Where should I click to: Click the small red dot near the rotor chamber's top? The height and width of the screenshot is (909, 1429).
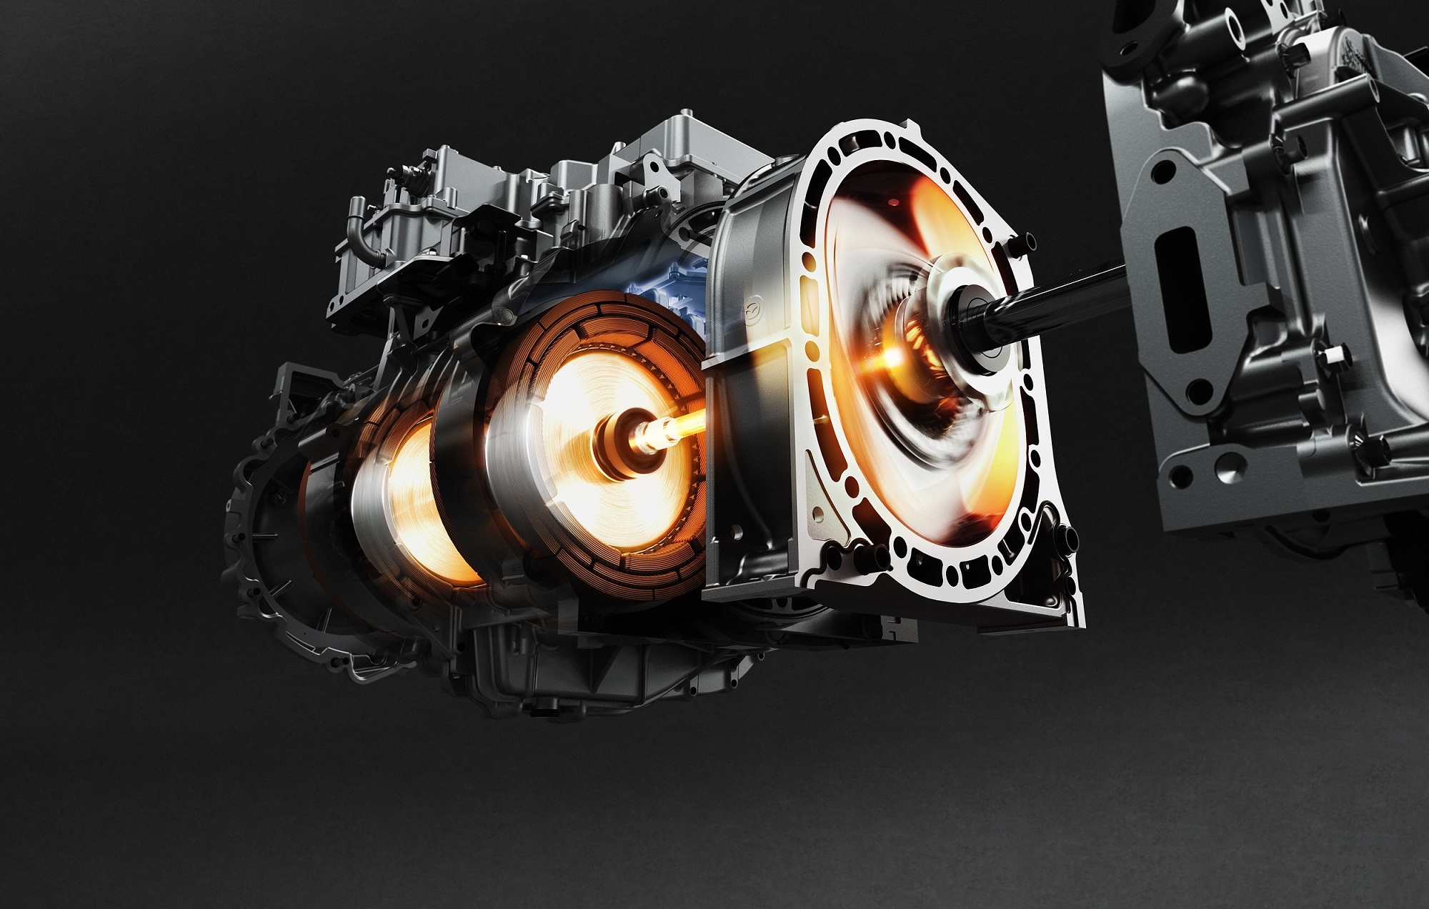click(x=890, y=204)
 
